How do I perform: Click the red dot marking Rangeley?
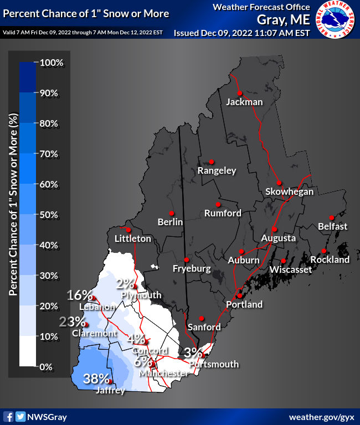point(212,162)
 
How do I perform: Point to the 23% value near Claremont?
point(73,322)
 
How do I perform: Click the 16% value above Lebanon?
point(80,295)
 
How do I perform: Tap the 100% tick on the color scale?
point(53,63)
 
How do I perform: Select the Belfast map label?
point(332,226)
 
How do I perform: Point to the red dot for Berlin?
point(172,213)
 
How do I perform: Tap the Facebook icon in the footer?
point(8,416)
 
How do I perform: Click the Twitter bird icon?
point(20,416)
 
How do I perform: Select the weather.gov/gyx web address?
point(321,416)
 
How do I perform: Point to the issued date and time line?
point(241,33)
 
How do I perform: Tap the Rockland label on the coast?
point(330,260)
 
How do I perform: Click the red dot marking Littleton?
point(128,230)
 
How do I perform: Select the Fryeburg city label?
point(192,269)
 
